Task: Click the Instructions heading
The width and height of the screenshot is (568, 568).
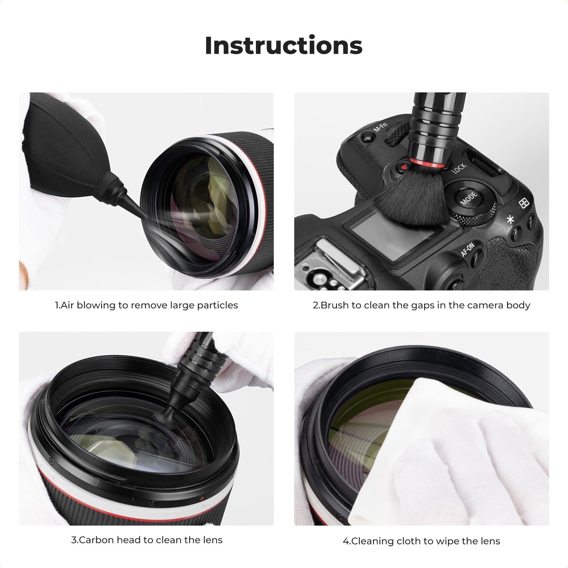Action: tap(284, 45)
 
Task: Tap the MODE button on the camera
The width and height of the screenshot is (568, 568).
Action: tap(468, 197)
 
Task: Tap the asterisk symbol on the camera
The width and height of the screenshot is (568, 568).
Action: tap(511, 219)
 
